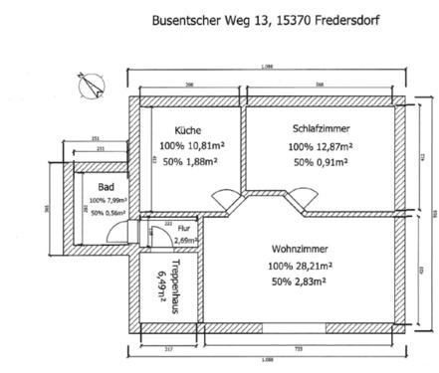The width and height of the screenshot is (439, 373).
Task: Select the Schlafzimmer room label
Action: [321, 129]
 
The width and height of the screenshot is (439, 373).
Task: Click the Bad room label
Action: [107, 186]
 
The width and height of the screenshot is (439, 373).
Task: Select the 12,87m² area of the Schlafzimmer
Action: [333, 146]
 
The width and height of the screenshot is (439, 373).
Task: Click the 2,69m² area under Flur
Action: [157, 239]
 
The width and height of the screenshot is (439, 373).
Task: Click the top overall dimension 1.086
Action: [267, 66]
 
